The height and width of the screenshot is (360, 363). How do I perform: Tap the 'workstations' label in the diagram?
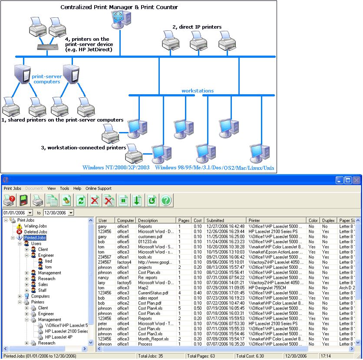point(198,91)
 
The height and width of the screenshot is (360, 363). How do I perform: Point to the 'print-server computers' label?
point(46,79)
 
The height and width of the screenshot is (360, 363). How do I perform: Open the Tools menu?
point(65,188)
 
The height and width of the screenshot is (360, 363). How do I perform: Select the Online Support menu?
point(99,188)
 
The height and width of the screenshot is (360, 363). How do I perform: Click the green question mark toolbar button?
point(167,200)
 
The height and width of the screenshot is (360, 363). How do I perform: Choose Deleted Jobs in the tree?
point(35,232)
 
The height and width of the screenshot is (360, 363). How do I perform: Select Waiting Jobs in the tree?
point(35,226)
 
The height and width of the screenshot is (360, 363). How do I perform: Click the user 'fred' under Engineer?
point(48,261)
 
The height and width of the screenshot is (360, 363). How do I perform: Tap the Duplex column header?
point(328,221)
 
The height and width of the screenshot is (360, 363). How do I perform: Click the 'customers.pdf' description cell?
point(149,237)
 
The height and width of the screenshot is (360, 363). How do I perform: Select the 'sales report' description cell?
point(148,298)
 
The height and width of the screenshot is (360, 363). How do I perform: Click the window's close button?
point(356,180)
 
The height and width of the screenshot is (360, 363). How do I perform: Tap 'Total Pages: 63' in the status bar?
point(201,356)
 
